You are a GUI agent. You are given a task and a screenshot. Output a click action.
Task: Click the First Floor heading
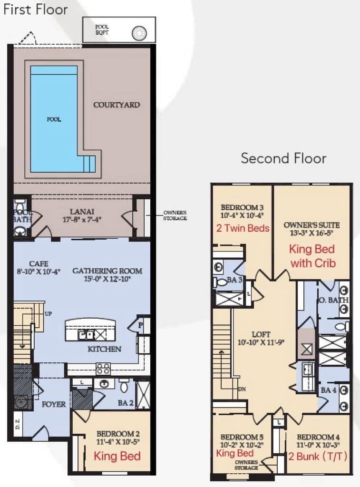click(36, 10)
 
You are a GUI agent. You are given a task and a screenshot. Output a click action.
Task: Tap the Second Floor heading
click(283, 158)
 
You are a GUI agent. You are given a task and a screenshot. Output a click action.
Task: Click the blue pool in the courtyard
click(55, 119)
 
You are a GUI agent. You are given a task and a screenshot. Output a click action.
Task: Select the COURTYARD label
click(117, 105)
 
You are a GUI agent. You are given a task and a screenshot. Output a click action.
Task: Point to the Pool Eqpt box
click(119, 29)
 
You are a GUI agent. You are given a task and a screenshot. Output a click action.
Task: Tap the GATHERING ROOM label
click(107, 271)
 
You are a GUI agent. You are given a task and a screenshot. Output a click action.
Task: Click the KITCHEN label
click(104, 349)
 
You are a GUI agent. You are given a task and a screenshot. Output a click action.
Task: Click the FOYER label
click(53, 404)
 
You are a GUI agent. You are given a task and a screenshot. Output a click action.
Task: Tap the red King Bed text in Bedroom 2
click(117, 457)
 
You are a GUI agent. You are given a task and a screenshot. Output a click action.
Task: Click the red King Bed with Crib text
click(312, 256)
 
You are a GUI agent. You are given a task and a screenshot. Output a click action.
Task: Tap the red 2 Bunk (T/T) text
click(318, 456)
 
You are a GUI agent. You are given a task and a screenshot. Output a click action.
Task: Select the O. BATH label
click(333, 300)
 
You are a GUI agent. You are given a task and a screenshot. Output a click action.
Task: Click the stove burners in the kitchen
click(103, 369)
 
